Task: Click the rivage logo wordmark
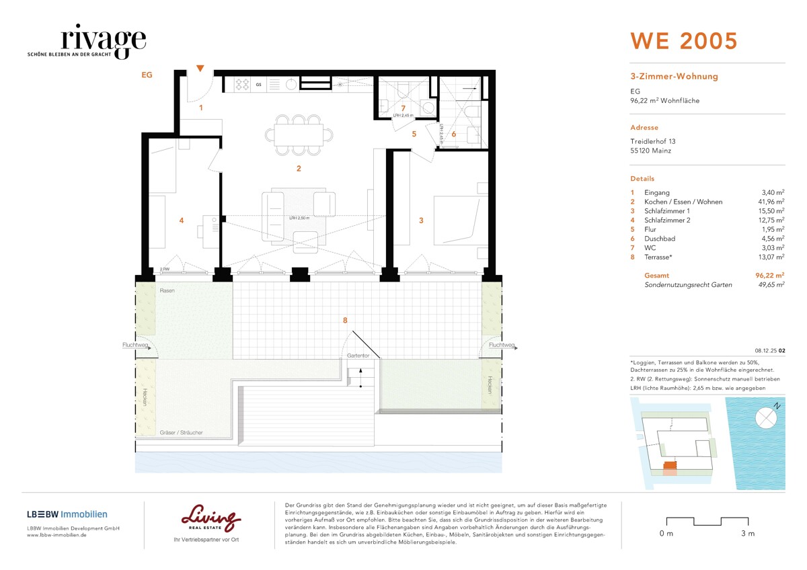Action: coord(103,41)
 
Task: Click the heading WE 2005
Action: coord(683,41)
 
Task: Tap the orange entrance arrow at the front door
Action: coord(200,68)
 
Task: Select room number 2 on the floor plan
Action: coord(299,169)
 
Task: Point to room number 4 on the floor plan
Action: coord(181,220)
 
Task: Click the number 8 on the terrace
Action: coord(345,321)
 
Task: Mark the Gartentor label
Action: coord(358,355)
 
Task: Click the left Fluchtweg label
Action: coord(134,345)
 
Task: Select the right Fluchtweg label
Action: coord(502,345)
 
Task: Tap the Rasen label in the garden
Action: coord(167,290)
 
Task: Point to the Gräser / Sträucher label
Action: coord(182,432)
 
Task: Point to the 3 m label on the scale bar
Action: coord(747,534)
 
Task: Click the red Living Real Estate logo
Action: coord(210,518)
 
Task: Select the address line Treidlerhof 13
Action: coord(653,141)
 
